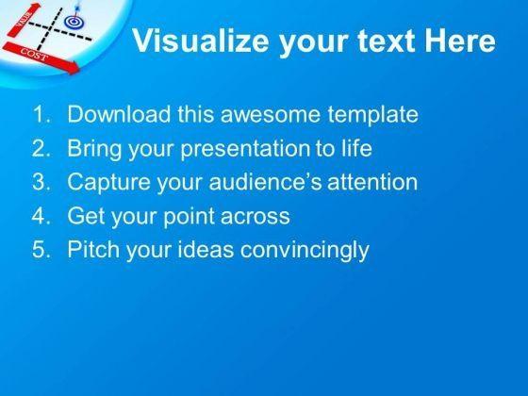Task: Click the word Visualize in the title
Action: pyautogui.click(x=201, y=41)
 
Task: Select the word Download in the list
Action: pyautogui.click(x=119, y=114)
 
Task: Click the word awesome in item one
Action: pyautogui.click(x=270, y=114)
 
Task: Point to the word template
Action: pyautogui.click(x=372, y=115)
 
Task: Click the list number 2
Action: pyautogui.click(x=41, y=148)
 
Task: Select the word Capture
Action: pyautogui.click(x=108, y=183)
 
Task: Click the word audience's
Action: pyautogui.click(x=265, y=182)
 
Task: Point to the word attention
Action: pyautogui.click(x=372, y=182)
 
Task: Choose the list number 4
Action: pyautogui.click(x=41, y=216)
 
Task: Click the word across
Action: pyautogui.click(x=256, y=217)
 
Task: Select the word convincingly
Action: pyautogui.click(x=305, y=250)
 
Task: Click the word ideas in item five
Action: pyautogui.click(x=206, y=249)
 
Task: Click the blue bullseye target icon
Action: pyautogui.click(x=74, y=22)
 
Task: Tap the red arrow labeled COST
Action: pyautogui.click(x=41, y=57)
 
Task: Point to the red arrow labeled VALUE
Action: pyautogui.click(x=24, y=19)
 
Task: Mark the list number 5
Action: pyautogui.click(x=41, y=250)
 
